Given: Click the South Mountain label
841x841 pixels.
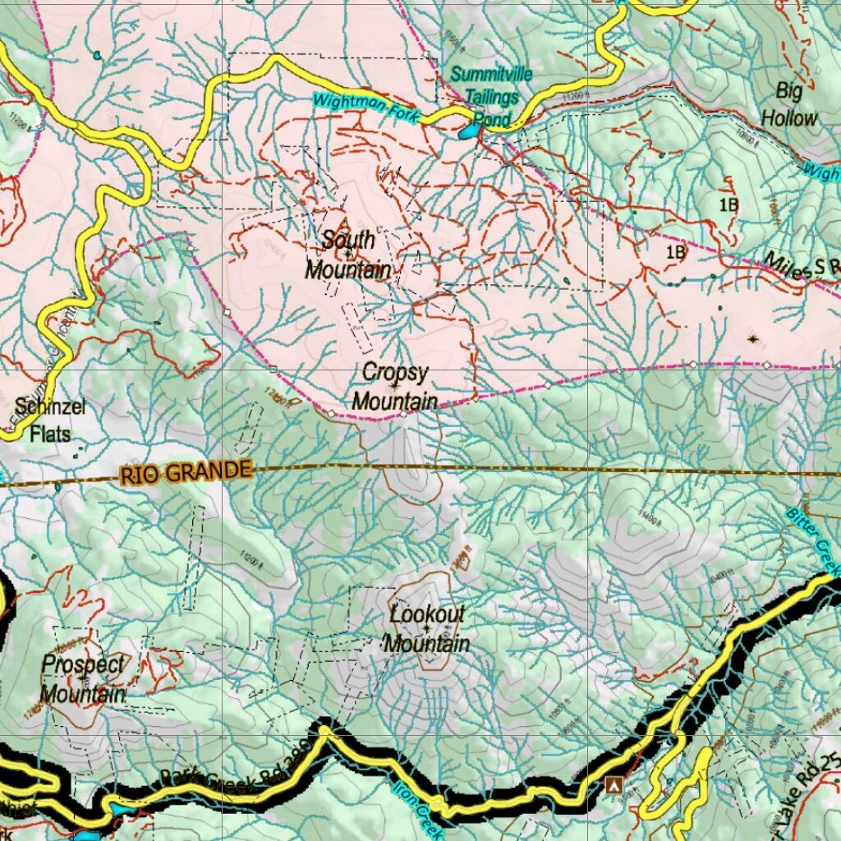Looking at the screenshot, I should click(347, 255).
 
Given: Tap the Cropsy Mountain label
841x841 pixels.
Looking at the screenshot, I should click(395, 387).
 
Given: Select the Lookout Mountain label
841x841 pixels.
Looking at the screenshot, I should click(427, 628).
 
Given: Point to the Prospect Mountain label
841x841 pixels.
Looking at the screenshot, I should click(83, 679).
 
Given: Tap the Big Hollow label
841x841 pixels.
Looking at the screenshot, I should click(788, 103).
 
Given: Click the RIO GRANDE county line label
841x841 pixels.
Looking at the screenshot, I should click(185, 472).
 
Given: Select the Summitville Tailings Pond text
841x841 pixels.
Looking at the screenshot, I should click(491, 97).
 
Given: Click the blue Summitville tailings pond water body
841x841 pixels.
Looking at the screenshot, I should click(469, 131).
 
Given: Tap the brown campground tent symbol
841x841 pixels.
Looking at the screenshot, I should click(612, 785).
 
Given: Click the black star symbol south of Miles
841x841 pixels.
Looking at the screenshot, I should click(753, 338).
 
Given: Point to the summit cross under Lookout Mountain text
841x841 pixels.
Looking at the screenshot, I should click(427, 629).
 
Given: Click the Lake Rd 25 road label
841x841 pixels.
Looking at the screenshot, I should click(809, 793).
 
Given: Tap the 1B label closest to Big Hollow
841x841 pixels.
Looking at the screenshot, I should click(728, 205).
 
